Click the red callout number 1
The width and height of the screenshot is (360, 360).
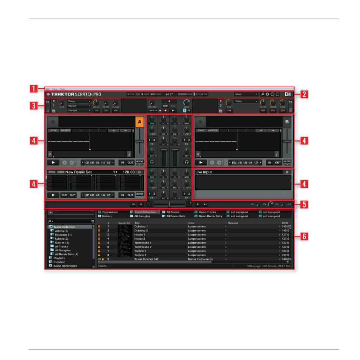tap(34, 90)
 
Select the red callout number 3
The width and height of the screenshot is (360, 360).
tap(34, 105)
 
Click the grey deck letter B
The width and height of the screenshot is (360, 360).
tap(287, 122)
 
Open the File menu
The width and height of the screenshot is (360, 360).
tap(48, 89)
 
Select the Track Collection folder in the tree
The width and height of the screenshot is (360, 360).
tap(64, 227)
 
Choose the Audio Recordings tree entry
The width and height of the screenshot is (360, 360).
tap(65, 266)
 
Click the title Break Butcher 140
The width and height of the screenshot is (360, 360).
tap(146, 259)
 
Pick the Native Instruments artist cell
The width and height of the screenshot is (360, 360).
tap(200, 259)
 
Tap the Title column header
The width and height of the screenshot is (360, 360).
tap(137, 223)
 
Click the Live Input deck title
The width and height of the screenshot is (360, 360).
tap(203, 172)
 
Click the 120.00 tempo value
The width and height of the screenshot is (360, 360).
tap(129, 172)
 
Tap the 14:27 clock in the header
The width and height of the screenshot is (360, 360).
tap(169, 94)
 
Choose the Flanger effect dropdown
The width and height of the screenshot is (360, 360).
tap(79, 111)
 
